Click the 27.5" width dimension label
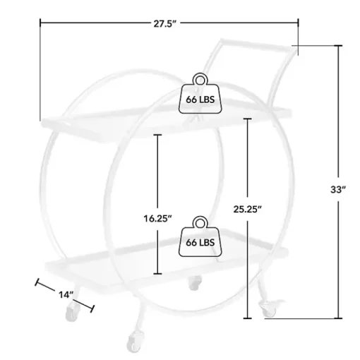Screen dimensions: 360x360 pyautogui.click(x=164, y=24)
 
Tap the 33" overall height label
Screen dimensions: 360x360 pyautogui.click(x=338, y=189)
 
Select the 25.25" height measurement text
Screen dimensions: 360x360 pyautogui.click(x=248, y=209)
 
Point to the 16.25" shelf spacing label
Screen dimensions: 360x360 pyautogui.click(x=157, y=219)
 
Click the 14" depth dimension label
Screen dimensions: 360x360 pyautogui.click(x=66, y=294)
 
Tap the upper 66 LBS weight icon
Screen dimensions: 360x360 pyautogui.click(x=200, y=93)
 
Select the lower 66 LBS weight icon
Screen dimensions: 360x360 pyautogui.click(x=200, y=236)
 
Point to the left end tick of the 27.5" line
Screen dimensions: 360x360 pyautogui.click(x=40, y=23)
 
